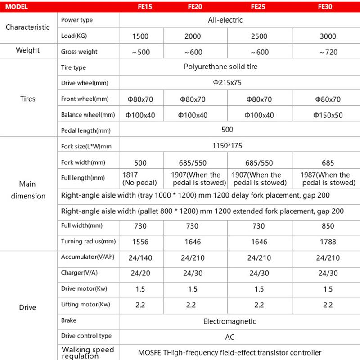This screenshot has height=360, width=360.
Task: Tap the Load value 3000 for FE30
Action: click(x=328, y=36)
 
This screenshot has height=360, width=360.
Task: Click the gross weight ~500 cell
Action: click(x=141, y=52)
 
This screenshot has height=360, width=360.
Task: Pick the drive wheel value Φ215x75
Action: click(x=227, y=83)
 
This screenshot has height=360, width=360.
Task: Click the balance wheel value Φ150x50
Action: click(x=328, y=115)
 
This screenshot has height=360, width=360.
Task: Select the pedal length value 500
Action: click(x=227, y=130)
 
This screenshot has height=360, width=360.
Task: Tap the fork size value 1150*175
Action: click(x=227, y=146)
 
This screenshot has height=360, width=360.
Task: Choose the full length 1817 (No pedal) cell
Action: click(x=139, y=179)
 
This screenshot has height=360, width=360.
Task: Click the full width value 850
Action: click(x=328, y=226)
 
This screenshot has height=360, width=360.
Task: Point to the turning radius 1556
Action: click(x=141, y=242)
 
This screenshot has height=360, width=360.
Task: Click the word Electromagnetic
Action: click(x=229, y=321)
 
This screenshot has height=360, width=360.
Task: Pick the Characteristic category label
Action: click(x=28, y=27)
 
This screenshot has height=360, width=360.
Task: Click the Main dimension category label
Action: click(x=28, y=190)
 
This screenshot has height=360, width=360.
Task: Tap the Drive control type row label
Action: click(x=86, y=336)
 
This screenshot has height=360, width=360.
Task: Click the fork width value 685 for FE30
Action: click(x=328, y=162)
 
